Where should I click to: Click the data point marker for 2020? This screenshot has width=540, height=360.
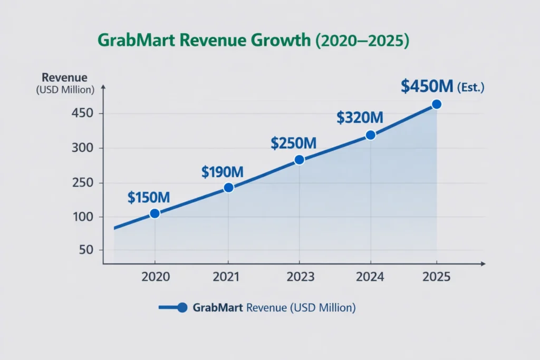point(155,213)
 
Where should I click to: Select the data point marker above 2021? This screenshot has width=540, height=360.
point(228,188)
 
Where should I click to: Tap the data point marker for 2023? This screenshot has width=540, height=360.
point(299,160)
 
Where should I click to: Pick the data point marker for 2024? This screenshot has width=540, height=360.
point(370,135)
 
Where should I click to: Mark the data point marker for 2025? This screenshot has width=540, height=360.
point(436,104)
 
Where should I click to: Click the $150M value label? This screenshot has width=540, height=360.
point(148,198)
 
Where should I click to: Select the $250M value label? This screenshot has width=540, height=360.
point(293,143)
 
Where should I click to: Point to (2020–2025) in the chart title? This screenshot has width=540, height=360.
point(362,42)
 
